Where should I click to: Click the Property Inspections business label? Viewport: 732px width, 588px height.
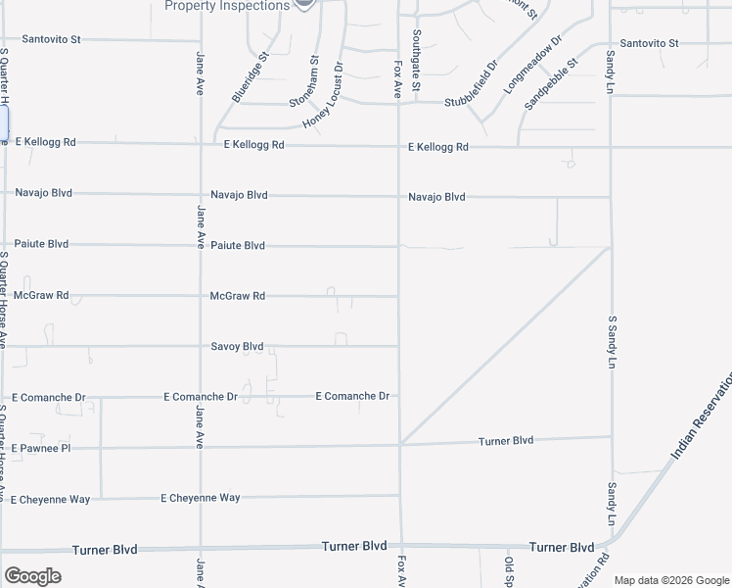pyautogui.click(x=226, y=6)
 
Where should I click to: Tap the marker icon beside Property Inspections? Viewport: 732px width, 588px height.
pyautogui.click(x=304, y=4)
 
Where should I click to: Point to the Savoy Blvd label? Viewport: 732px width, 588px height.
pyautogui.click(x=238, y=346)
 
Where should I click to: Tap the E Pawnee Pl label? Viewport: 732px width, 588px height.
pyautogui.click(x=44, y=448)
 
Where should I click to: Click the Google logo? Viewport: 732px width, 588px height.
pyautogui.click(x=32, y=576)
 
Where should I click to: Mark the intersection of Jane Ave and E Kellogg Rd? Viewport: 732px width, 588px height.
pyautogui.click(x=201, y=144)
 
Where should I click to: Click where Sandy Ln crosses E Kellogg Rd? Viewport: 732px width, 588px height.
pyautogui.click(x=611, y=147)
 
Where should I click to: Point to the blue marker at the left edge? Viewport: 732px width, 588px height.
pyautogui.click(x=3, y=122)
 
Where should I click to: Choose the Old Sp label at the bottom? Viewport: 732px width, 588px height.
pyautogui.click(x=509, y=571)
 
